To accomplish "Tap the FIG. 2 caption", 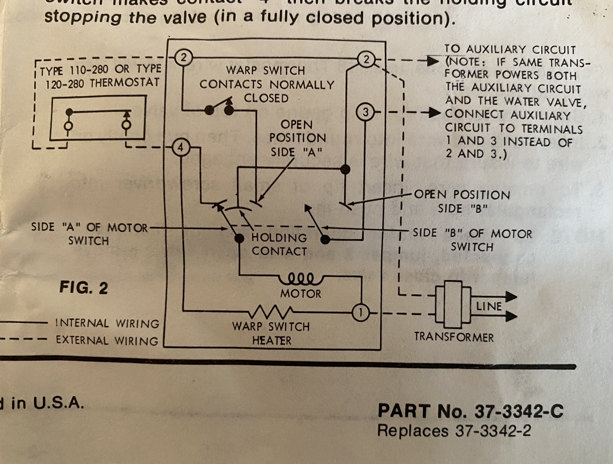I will click(x=83, y=288).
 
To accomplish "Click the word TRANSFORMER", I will click(x=454, y=338).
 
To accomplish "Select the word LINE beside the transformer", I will click(x=489, y=306).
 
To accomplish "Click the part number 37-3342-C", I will click(x=519, y=411).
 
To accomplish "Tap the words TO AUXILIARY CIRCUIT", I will click(x=510, y=50).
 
